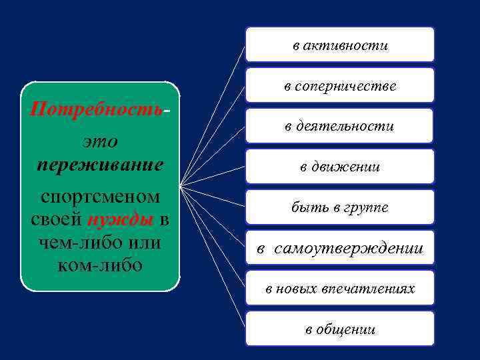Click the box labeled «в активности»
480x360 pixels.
click(x=340, y=45)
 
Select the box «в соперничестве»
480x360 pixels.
click(x=340, y=85)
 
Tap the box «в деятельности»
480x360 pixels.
click(x=340, y=126)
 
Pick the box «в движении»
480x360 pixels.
click(x=340, y=167)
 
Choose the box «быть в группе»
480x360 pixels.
click(x=340, y=207)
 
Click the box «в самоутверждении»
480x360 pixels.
click(x=340, y=248)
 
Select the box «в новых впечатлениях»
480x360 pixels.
click(x=340, y=289)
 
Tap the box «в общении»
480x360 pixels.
click(x=340, y=329)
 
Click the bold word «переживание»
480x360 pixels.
click(x=100, y=164)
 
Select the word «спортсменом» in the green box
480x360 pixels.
click(x=100, y=197)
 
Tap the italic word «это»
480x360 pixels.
click(x=100, y=141)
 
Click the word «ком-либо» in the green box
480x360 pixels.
click(x=100, y=264)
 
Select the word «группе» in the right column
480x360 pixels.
click(x=369, y=208)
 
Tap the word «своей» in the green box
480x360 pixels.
click(x=56, y=219)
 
